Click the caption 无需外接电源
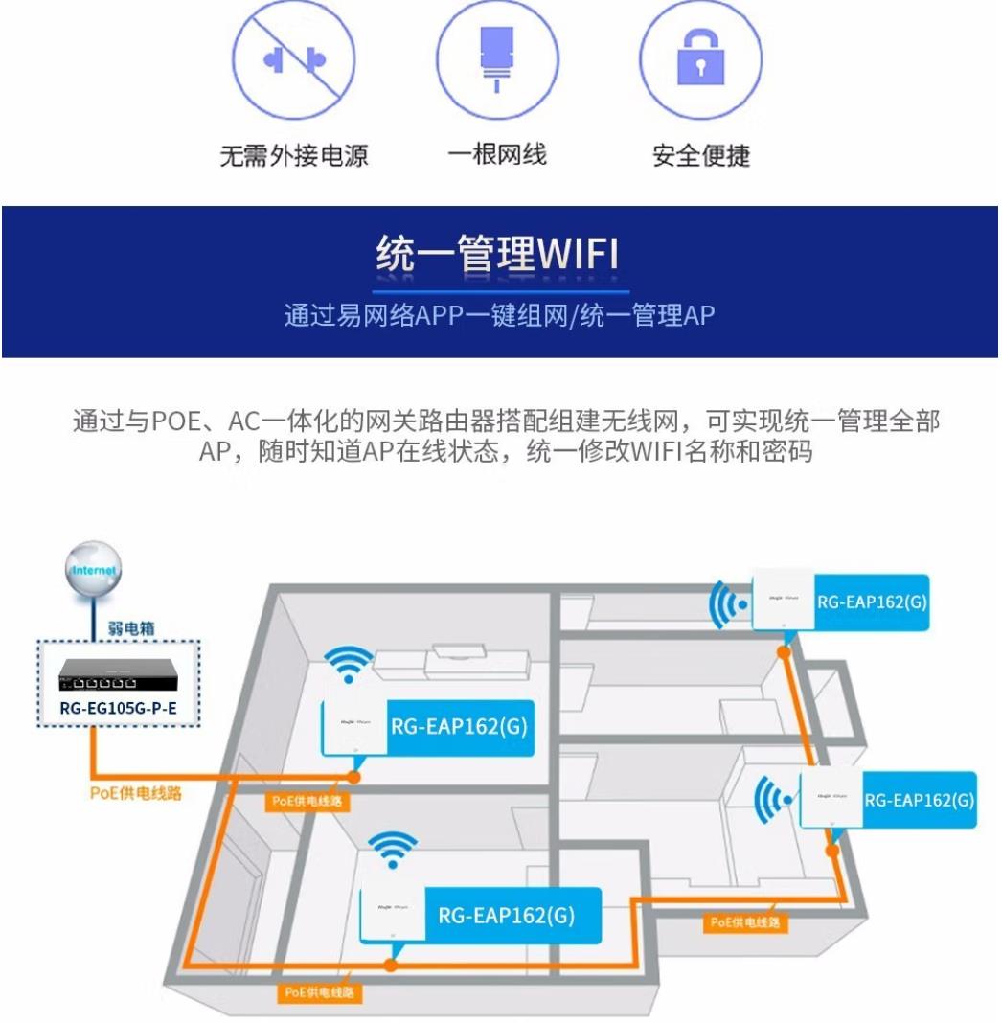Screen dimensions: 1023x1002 (x=293, y=155)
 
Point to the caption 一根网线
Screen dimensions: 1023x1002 (x=497, y=154)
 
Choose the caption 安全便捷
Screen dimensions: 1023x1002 (x=701, y=155)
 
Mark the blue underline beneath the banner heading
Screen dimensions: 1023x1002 (x=500, y=290)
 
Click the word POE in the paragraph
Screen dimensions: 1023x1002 (x=175, y=421)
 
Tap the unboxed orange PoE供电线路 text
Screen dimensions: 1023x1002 (x=135, y=794)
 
